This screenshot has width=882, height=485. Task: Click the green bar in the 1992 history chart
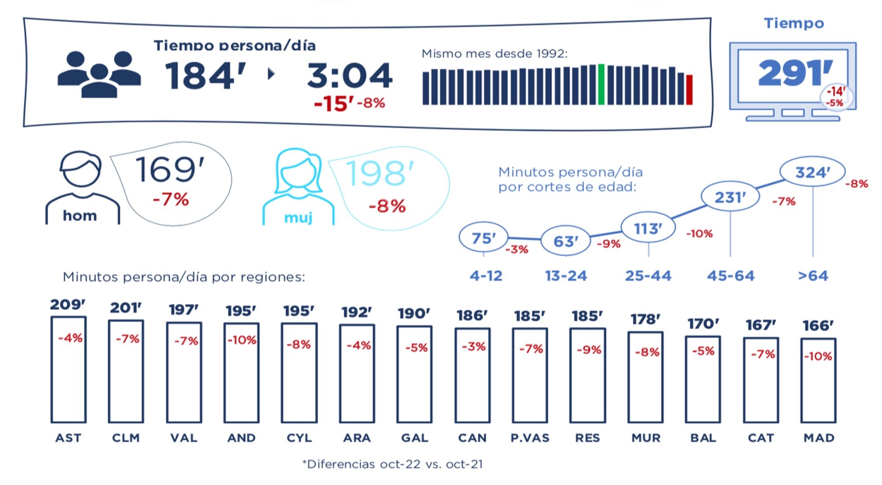pos(601,85)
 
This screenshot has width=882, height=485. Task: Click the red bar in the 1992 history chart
pos(689,90)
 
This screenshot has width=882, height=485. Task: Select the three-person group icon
pos(99,74)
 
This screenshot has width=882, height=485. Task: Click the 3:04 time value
pos(349,75)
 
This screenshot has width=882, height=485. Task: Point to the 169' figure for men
pos(170,169)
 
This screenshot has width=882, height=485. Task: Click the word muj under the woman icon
pos(298,217)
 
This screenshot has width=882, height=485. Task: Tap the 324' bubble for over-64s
pos(812,172)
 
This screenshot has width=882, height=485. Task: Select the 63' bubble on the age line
pos(565,241)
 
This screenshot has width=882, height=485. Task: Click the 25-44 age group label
pos(648,276)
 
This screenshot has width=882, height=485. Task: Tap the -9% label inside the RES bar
pos(589,350)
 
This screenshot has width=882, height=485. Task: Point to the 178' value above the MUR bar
pos(645,319)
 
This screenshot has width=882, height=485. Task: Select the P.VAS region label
pos(530,438)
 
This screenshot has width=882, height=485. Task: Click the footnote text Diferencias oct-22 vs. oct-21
pos(392,464)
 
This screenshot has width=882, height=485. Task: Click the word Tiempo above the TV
pos(794,23)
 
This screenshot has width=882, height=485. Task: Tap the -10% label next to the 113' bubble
pos(699,234)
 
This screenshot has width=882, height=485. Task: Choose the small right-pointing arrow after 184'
pos(271,74)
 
